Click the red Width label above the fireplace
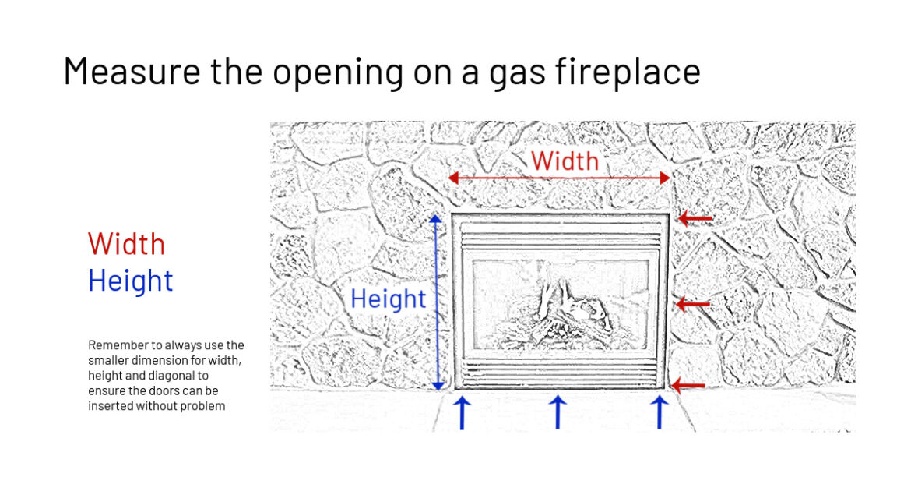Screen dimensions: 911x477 565,161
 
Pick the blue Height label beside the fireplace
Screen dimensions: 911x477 388,299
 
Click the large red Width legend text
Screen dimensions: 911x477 127,244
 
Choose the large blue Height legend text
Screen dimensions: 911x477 131,281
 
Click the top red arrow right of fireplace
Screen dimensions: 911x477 695,218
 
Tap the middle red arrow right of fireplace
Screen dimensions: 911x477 692,304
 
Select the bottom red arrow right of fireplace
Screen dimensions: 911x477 688,385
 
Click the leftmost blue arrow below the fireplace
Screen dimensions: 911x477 462,412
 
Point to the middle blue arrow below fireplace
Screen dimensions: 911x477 558,412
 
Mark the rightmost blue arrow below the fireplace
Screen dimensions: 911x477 659,412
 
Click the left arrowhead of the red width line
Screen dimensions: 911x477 452,178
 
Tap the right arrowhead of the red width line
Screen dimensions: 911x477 666,178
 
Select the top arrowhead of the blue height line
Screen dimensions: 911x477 436,219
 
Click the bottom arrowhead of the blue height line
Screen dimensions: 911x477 438,385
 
